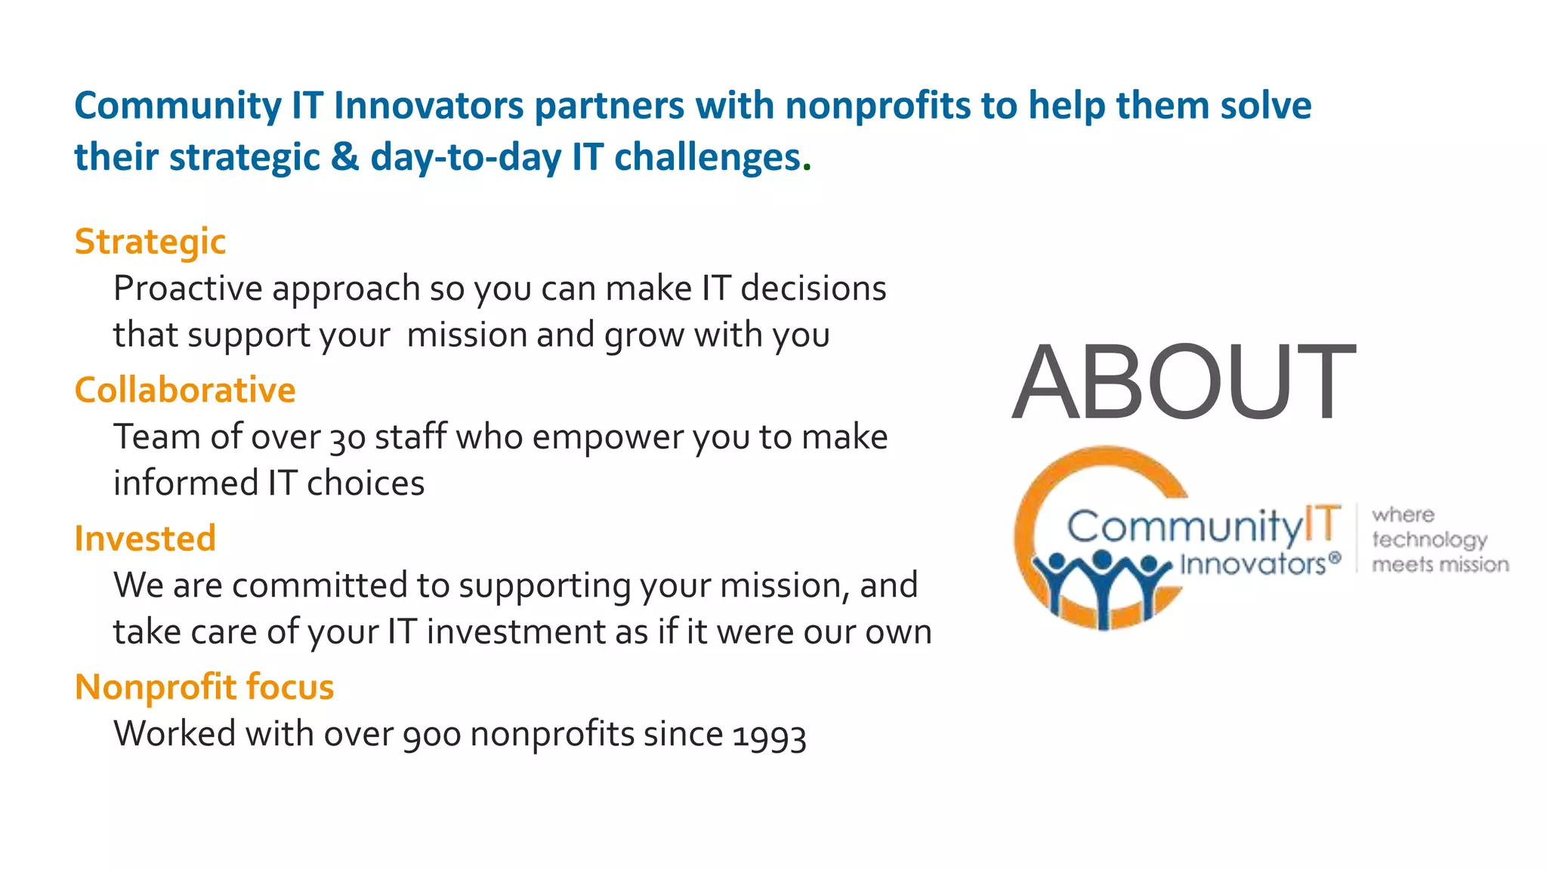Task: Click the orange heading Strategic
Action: pyautogui.click(x=150, y=242)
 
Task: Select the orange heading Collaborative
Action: pyautogui.click(x=185, y=390)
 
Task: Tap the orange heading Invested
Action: pyautogui.click(x=145, y=538)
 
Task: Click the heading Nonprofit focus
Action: pyautogui.click(x=204, y=687)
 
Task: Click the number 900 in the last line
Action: pyautogui.click(x=431, y=735)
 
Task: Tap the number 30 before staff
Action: pyautogui.click(x=347, y=438)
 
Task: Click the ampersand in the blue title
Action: pyautogui.click(x=344, y=157)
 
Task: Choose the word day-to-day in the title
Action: pyautogui.click(x=465, y=157)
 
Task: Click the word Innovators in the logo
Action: pyautogui.click(x=1252, y=564)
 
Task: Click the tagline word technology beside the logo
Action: pyautogui.click(x=1429, y=539)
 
